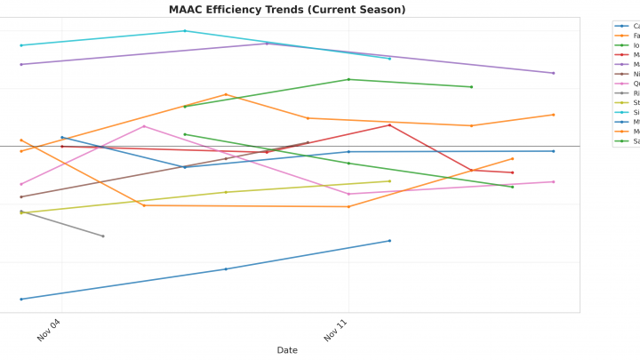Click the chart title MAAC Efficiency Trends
(x=287, y=10)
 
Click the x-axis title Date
(x=287, y=350)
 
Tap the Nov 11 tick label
(x=336, y=332)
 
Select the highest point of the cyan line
(x=185, y=31)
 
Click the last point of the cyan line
(x=389, y=59)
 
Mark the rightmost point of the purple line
(x=554, y=73)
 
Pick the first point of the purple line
(x=21, y=64)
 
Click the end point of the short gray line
(x=103, y=236)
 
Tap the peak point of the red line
(x=389, y=125)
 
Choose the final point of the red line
(x=513, y=172)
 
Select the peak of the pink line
(x=144, y=126)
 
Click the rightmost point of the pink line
(x=554, y=181)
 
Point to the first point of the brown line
(x=21, y=196)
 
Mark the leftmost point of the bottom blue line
(x=21, y=299)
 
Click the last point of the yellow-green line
(x=389, y=181)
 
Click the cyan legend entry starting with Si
(x=626, y=113)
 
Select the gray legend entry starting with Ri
(x=626, y=93)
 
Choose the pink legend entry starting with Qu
(x=626, y=84)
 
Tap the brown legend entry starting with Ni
(x=626, y=74)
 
